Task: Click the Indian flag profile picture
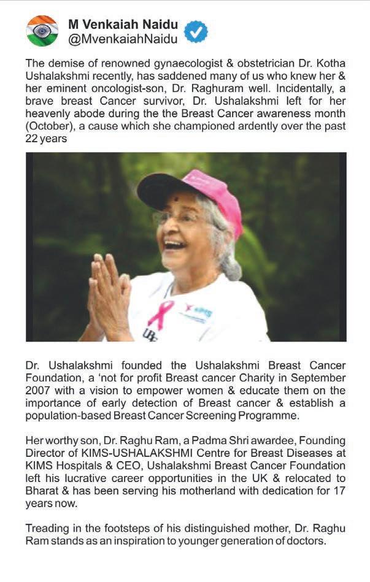pos(42,31)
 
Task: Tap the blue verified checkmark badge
pos(196,31)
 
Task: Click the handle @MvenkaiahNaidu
pos(123,39)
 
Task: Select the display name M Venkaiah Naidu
pos(123,25)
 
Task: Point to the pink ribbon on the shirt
pos(160,313)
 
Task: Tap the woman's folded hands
pos(109,294)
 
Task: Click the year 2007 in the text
pos(39,391)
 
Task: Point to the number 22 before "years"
pos(33,139)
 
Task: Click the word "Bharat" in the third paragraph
pos(42,491)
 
